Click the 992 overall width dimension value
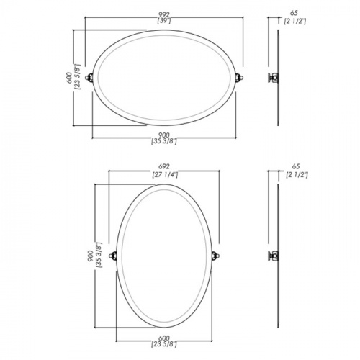click(x=164, y=15)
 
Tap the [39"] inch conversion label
click(x=164, y=21)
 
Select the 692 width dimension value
click(x=164, y=166)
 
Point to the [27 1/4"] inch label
click(x=165, y=175)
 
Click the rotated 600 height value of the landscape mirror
click(x=69, y=78)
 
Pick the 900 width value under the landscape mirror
click(x=164, y=135)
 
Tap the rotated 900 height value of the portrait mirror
click(x=91, y=256)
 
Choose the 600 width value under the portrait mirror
click(x=164, y=338)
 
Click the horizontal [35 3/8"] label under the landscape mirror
click(x=164, y=142)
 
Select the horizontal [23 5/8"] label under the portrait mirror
click(x=164, y=345)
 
